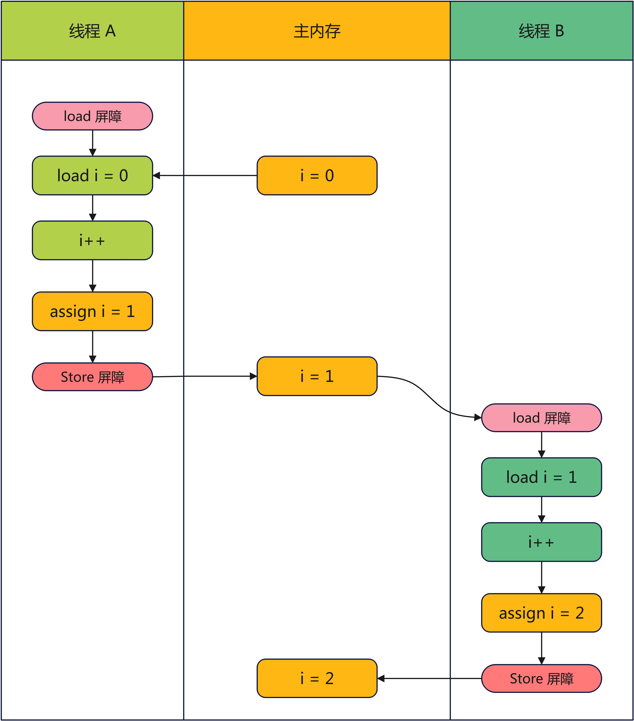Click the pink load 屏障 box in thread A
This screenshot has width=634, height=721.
coord(92,116)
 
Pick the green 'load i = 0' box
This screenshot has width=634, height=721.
coord(92,175)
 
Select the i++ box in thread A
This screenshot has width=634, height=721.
coord(92,241)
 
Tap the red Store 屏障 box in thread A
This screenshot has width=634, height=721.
coord(92,377)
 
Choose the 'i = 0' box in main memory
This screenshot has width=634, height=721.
coord(317,175)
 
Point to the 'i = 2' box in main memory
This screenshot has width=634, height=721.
coord(317,678)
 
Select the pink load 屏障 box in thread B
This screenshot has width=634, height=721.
coord(541,418)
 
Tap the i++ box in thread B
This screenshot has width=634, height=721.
coord(541,542)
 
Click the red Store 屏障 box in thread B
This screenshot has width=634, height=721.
coord(541,678)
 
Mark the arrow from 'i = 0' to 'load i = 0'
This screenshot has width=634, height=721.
coord(204,175)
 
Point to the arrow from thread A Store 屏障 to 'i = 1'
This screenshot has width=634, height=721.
coord(204,376)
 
